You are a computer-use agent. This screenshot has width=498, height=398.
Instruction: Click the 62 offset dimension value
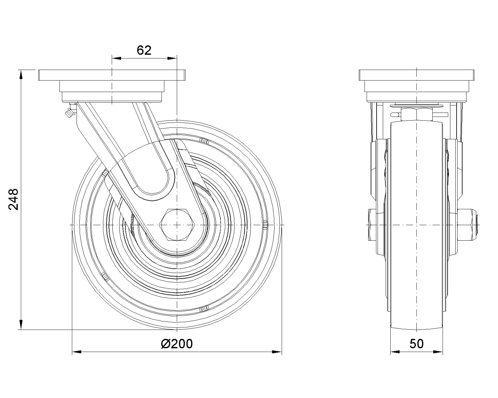[144, 50]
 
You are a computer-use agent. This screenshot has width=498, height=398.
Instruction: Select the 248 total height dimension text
[13, 199]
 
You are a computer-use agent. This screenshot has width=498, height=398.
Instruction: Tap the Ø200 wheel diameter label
[177, 344]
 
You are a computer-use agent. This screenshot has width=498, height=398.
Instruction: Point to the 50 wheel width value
[416, 344]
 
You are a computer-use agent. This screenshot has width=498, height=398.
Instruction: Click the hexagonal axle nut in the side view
[177, 225]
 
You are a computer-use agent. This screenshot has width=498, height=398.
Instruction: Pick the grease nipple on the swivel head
[70, 111]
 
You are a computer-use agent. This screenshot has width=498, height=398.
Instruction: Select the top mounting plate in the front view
[416, 75]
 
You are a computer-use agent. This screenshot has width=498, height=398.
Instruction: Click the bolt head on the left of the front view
[372, 225]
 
